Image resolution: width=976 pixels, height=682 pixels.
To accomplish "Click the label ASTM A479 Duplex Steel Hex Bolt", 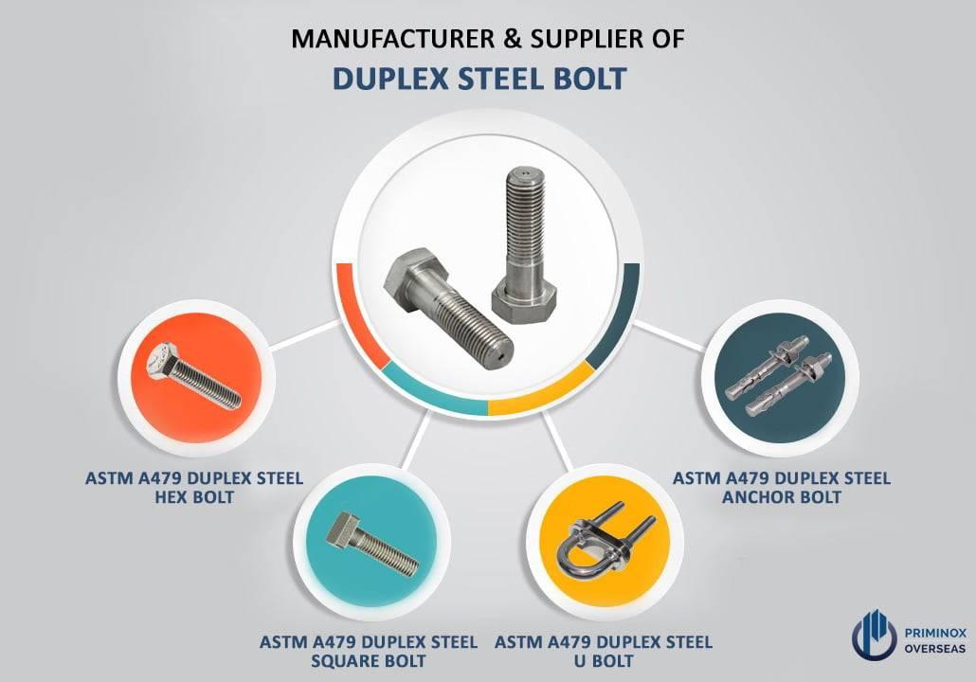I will pos(193,488).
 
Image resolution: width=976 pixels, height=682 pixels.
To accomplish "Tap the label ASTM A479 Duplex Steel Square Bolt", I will pos(370,651).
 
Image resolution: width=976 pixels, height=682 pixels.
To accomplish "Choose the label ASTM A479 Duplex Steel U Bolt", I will pos(604,651).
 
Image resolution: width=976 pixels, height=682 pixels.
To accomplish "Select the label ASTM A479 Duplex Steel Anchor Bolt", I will pos(782,487).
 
